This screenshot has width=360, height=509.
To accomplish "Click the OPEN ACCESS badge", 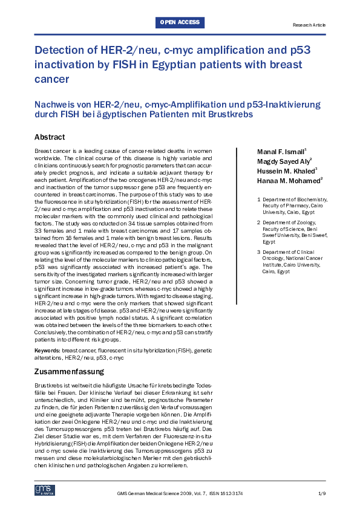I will [x=180, y=23].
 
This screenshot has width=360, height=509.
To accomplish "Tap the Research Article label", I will [x=309, y=25].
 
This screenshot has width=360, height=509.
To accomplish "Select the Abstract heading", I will [x=50, y=137].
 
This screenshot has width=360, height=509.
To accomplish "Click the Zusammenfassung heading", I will [x=69, y=371].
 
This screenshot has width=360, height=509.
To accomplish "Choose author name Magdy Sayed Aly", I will [x=276, y=161].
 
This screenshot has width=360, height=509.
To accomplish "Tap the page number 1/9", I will [x=321, y=494].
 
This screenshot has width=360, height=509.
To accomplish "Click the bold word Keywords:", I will [x=47, y=350].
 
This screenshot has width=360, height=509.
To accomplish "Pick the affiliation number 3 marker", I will [x=259, y=250].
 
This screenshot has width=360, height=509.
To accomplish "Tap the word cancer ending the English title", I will [x=51, y=79].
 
